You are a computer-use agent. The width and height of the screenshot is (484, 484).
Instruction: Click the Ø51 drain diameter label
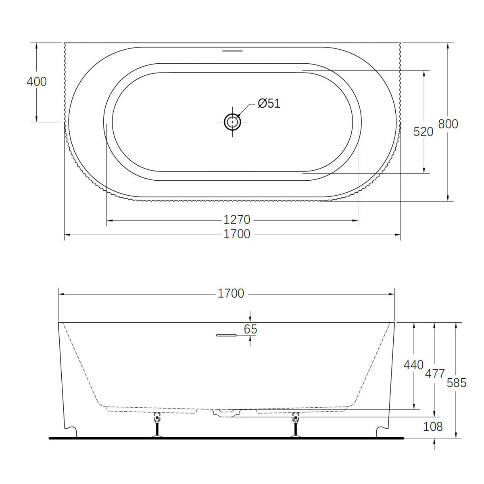(269, 103)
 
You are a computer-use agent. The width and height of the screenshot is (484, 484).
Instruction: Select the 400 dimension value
(37, 82)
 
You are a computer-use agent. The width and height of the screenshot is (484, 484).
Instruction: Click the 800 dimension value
(448, 124)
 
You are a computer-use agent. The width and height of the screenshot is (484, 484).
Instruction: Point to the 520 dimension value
(423, 132)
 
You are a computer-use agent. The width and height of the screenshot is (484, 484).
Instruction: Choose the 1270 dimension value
(237, 220)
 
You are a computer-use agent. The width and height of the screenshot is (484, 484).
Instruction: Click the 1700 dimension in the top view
(237, 234)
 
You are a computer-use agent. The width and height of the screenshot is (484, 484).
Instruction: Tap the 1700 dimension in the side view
(231, 293)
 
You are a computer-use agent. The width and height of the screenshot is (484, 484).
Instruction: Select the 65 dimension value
(250, 329)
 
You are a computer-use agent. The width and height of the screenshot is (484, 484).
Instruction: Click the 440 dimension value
(413, 365)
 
